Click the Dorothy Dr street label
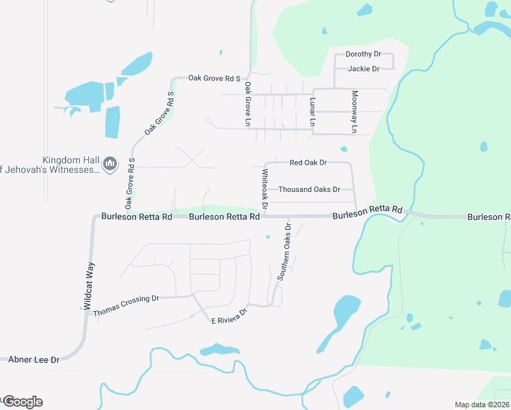click(x=363, y=54)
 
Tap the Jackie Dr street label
click(x=363, y=69)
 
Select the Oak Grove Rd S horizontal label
click(x=215, y=79)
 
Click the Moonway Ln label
click(x=354, y=112)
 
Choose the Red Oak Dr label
click(x=308, y=163)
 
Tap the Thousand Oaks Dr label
click(x=309, y=189)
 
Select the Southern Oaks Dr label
click(x=284, y=252)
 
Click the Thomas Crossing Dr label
click(x=126, y=299)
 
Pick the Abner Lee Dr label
click(x=33, y=359)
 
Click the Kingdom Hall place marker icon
click(x=109, y=164)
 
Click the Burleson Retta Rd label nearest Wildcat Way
click(x=137, y=217)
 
